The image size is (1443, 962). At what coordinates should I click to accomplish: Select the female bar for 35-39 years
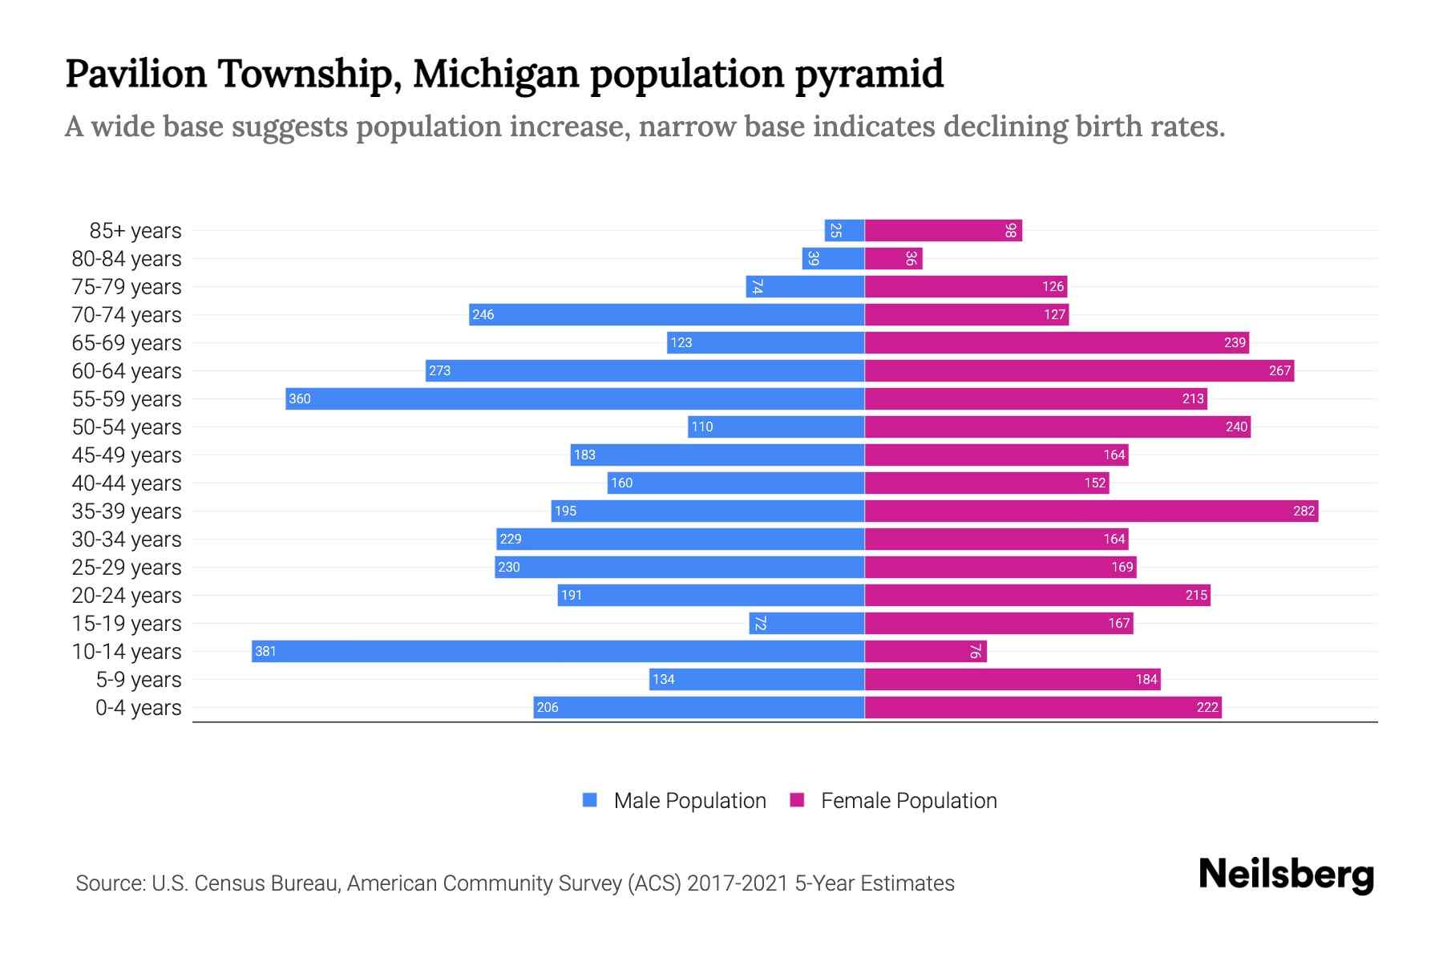[x=1090, y=511]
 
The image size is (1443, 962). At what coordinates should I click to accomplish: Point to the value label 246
[x=483, y=314]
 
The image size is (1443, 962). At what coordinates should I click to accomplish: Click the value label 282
[x=1304, y=511]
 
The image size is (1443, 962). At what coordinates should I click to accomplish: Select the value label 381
[x=265, y=651]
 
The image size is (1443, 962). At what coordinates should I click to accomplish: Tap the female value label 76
[x=974, y=651]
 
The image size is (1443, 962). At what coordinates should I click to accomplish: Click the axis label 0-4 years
[x=138, y=708]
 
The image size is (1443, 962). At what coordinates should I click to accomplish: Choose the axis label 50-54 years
[x=127, y=427]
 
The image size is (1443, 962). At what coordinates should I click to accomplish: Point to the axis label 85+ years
[x=135, y=231]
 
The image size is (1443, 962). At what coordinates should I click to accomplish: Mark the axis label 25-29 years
[x=127, y=568]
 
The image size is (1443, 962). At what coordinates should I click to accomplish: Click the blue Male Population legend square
[x=590, y=800]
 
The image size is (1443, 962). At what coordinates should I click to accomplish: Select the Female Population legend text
[x=908, y=801]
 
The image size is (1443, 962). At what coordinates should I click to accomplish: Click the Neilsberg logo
[x=1286, y=875]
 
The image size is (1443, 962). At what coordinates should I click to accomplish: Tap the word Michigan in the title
[x=495, y=74]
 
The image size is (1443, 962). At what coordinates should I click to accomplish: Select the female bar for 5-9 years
[x=1012, y=679]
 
